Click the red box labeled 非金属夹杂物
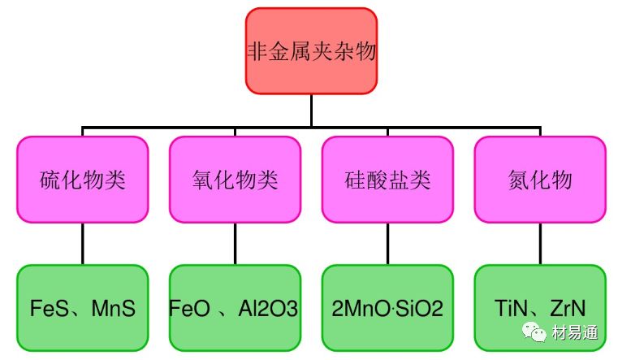click(312, 50)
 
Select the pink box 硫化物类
click(83, 179)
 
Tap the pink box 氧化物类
click(235, 179)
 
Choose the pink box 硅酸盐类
click(387, 179)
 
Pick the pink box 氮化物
click(540, 179)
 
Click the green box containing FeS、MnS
click(83, 308)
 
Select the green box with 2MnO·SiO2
click(387, 308)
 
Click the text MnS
click(113, 309)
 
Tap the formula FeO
click(190, 309)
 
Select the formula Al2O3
click(268, 309)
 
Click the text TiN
click(513, 309)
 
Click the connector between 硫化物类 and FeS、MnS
click(83, 243)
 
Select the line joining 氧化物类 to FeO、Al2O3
click(235, 243)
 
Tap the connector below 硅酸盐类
click(387, 243)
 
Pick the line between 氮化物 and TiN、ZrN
click(540, 243)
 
